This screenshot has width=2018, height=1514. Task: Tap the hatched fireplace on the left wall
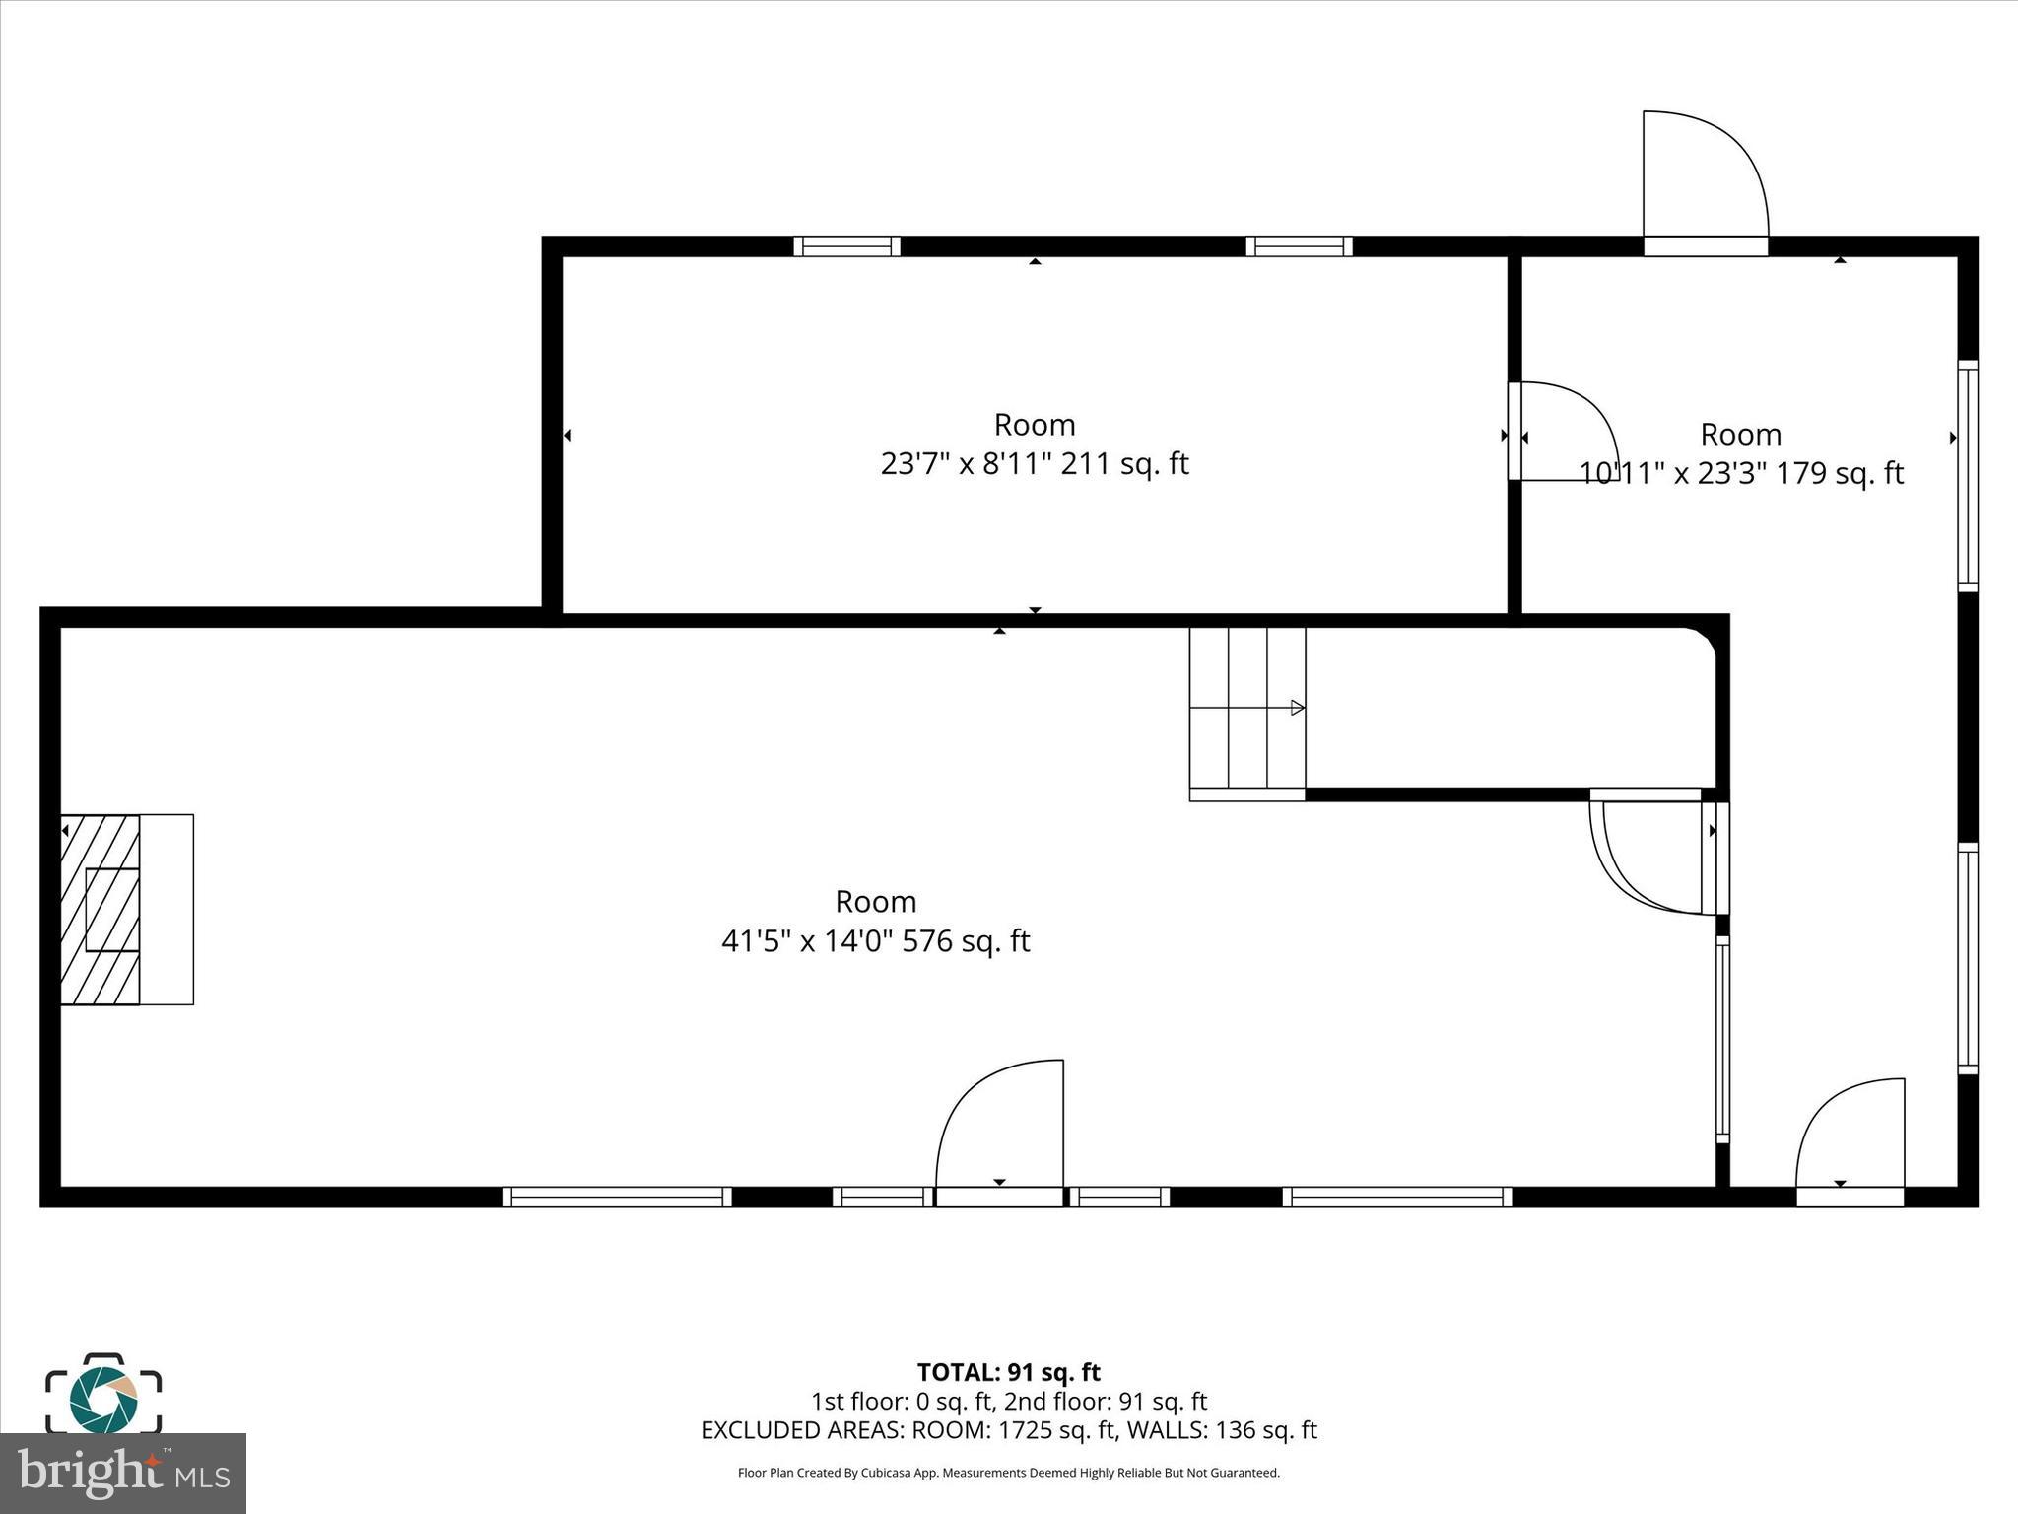point(100,910)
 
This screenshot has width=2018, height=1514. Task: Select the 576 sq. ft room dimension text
point(876,941)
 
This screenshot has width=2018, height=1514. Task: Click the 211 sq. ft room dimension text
point(1035,463)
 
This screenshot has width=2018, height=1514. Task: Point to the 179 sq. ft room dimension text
point(1741,473)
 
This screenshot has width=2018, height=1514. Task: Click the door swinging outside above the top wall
point(1706,182)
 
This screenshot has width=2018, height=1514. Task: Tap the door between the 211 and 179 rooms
point(1563,432)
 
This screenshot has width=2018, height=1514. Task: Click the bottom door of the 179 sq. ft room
point(1850,1142)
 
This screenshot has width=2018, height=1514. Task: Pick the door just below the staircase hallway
point(1658,854)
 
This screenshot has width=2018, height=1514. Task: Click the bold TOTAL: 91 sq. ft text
point(1008,1372)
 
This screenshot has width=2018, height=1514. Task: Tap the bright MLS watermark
point(123,1473)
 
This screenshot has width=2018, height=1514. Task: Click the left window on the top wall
point(847,246)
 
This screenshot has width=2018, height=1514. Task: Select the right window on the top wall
point(1299,246)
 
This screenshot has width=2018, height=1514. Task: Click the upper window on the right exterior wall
point(1968,476)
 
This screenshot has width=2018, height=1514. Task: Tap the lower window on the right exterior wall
point(1968,958)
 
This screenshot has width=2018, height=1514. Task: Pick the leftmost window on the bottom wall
point(617,1197)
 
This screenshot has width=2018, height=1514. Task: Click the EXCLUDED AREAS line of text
point(1008,1430)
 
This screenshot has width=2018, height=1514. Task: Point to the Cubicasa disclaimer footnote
point(1008,1473)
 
